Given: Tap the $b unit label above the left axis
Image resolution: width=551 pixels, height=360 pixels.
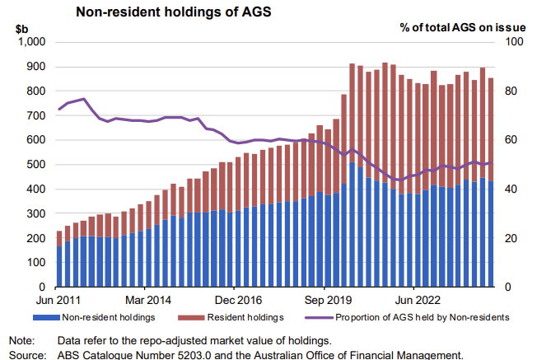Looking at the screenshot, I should (x=22, y=27).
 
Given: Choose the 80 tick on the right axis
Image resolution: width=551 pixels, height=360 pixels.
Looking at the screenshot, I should (x=511, y=91).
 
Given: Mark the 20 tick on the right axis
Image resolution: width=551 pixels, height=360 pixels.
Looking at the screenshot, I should (x=511, y=239).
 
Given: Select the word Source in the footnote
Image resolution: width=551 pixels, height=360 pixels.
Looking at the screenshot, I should (x=26, y=355).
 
